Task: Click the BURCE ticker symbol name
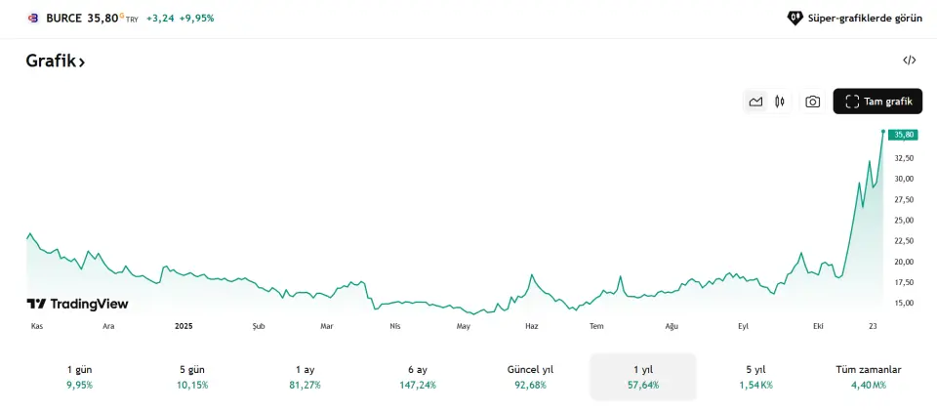click(63, 18)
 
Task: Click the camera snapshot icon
click(812, 102)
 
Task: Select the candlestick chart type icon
click(780, 102)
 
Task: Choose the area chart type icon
click(755, 102)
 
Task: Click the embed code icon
click(909, 61)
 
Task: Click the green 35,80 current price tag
click(903, 135)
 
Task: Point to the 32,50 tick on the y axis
click(903, 158)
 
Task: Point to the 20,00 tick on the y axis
click(903, 262)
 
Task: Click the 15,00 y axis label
click(903, 303)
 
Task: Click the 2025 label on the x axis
click(183, 326)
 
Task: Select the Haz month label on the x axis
click(531, 326)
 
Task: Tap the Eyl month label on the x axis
click(743, 326)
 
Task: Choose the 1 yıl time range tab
click(643, 377)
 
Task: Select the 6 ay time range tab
click(418, 377)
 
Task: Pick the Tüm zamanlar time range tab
click(868, 377)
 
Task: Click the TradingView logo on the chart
click(77, 304)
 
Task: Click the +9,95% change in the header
click(196, 18)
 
